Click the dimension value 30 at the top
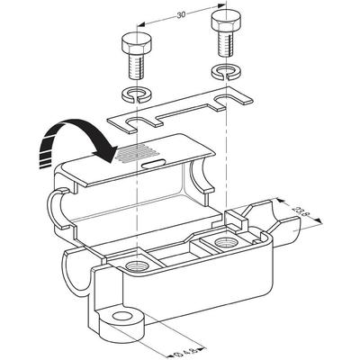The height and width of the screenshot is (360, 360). (181, 15)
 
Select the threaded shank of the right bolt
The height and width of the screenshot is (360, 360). (226, 44)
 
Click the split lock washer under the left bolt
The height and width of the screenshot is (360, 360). (137, 94)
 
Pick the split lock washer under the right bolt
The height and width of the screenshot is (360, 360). (226, 71)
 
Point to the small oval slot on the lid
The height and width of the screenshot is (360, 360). (154, 163)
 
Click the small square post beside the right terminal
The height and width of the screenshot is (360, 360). (236, 220)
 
